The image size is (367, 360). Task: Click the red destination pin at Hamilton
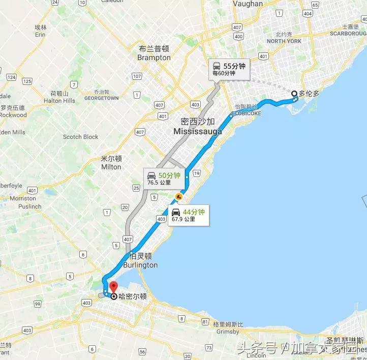(x=113, y=287)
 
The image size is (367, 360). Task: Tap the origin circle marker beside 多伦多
(x=294, y=93)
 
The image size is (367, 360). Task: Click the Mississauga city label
(x=198, y=131)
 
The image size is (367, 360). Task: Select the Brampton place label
(x=154, y=57)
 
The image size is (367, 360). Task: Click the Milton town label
(x=111, y=166)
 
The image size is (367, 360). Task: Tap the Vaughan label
(x=248, y=4)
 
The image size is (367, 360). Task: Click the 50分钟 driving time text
(x=170, y=175)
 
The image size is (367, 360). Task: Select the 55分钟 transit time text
(x=235, y=66)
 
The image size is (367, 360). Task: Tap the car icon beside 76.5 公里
(x=151, y=176)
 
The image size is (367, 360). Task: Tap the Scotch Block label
(x=80, y=137)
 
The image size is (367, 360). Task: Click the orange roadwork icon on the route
(x=178, y=196)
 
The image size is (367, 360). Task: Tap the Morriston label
(x=23, y=198)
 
